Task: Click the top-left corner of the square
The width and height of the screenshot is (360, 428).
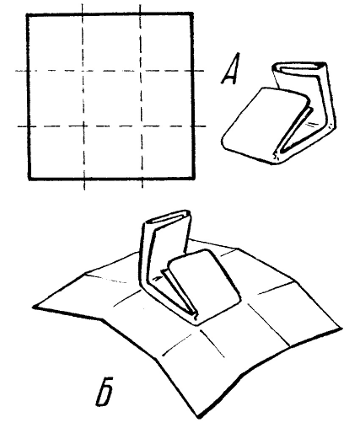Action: (27, 14)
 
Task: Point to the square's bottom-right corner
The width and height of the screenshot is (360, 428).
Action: (194, 178)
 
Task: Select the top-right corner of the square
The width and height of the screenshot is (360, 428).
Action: (192, 13)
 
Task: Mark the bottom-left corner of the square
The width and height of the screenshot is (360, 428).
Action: (30, 179)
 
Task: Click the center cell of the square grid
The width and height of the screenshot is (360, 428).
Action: (112, 99)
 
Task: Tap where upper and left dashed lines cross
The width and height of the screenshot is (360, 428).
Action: (83, 71)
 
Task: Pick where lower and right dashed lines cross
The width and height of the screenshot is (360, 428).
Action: (141, 126)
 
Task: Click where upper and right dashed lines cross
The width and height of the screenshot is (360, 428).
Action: (140, 71)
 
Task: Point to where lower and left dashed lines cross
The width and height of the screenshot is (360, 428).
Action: (83, 126)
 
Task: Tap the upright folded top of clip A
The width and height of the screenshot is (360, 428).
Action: (299, 67)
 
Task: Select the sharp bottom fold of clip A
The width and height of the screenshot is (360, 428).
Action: (277, 158)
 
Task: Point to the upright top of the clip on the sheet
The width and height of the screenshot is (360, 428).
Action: (168, 218)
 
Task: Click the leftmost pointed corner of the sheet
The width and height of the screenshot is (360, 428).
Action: (34, 307)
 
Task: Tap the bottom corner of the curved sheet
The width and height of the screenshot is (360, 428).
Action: (199, 418)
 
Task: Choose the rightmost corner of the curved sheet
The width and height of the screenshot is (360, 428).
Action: (341, 328)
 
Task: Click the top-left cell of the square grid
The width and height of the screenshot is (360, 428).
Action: (56, 43)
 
